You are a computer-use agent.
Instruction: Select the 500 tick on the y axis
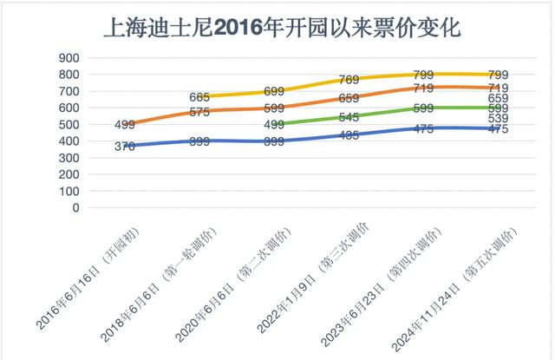[x=69, y=125]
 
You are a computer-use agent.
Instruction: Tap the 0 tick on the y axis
[x=76, y=208]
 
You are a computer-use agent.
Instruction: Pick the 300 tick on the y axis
[x=69, y=158]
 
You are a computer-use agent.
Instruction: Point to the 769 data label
[x=351, y=80]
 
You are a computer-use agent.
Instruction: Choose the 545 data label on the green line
[x=351, y=117]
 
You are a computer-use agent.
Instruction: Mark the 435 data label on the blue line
[x=351, y=135]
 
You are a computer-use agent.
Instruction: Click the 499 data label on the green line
[x=277, y=125]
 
